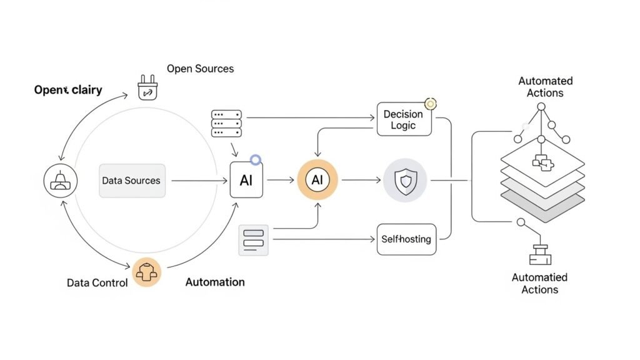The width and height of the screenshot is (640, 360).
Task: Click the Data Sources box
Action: click(132, 181)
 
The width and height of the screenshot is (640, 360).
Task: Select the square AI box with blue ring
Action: click(246, 181)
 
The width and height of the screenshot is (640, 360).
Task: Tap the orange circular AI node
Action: click(317, 180)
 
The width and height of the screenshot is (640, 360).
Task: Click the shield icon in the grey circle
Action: click(405, 180)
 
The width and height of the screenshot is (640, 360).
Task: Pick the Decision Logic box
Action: click(403, 119)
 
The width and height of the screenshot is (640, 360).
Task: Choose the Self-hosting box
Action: click(406, 239)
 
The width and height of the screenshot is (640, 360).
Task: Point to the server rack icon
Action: click(226, 124)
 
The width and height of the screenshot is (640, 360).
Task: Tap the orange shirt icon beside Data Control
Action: click(147, 273)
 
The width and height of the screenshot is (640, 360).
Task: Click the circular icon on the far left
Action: click(60, 181)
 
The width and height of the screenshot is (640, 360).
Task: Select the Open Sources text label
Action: click(200, 69)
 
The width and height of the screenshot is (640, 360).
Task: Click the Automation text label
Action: click(215, 282)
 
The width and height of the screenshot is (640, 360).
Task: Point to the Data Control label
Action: click(97, 282)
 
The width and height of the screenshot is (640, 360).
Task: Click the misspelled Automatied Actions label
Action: click(539, 283)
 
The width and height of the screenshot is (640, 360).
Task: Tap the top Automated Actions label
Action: click(545, 87)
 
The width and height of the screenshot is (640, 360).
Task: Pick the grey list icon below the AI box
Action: click(253, 240)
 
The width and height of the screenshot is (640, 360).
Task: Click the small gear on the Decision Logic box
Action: click(430, 103)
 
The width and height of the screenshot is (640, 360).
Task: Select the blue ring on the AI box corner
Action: click(255, 160)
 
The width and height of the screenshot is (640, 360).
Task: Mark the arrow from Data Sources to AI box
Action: click(199, 181)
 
